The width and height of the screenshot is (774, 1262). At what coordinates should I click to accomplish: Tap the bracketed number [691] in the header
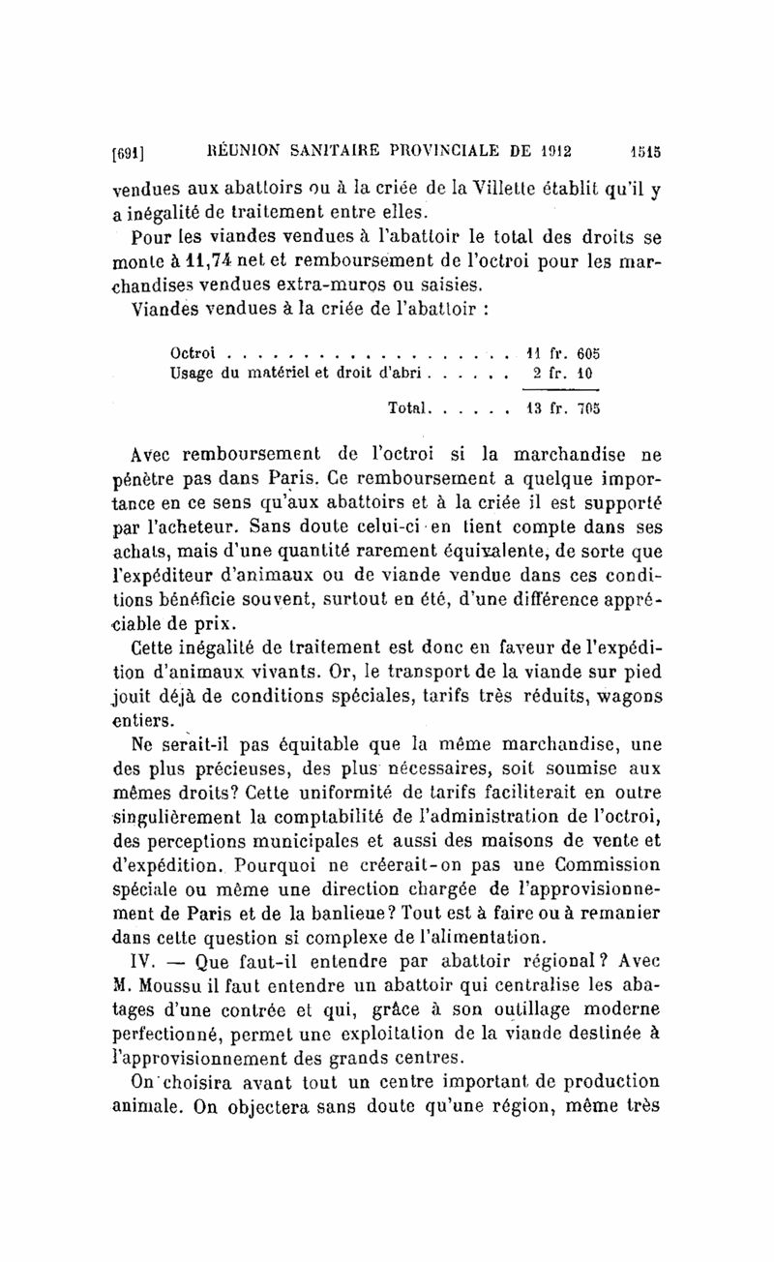click(130, 152)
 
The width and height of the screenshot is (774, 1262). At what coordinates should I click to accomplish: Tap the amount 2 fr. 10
click(570, 373)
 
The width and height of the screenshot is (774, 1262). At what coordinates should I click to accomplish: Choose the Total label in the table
click(408, 409)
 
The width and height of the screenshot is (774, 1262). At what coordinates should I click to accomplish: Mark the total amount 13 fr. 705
click(569, 409)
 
